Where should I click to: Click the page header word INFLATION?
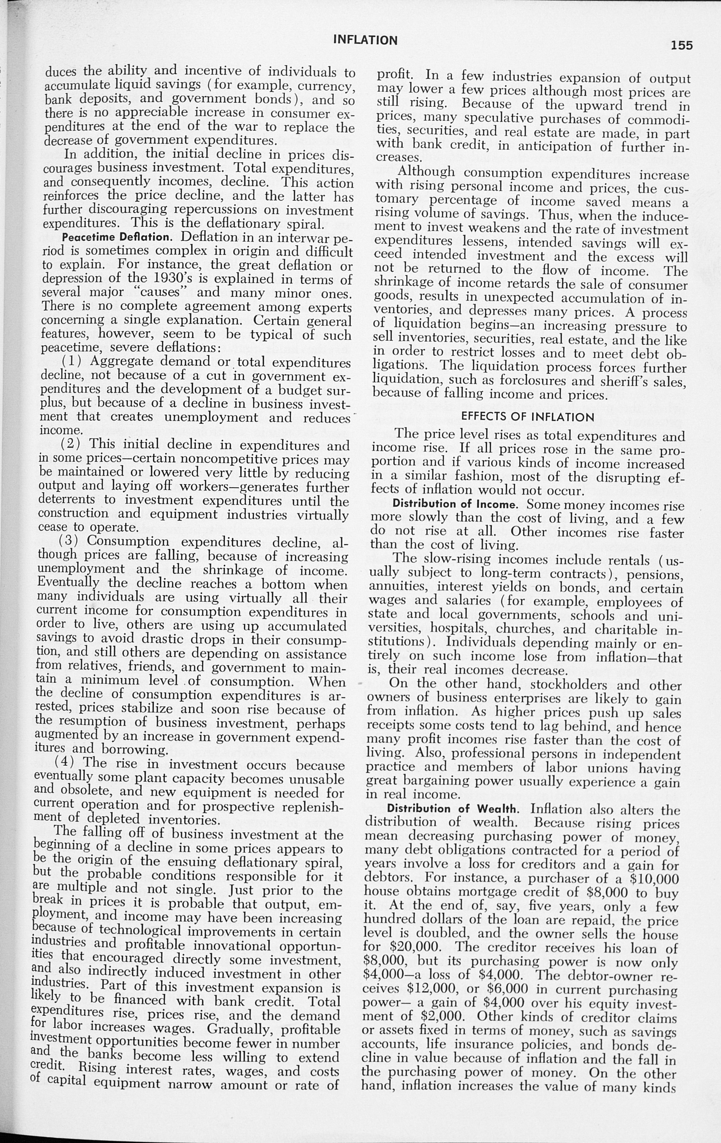[x=365, y=40]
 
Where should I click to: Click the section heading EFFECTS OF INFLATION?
[x=528, y=417]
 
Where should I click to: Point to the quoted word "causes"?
[x=161, y=292]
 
